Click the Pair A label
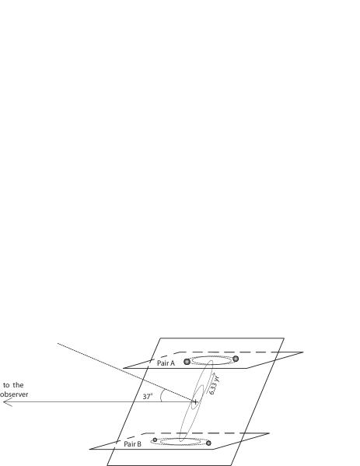pyautogui.click(x=166, y=363)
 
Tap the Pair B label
pyautogui.click(x=133, y=444)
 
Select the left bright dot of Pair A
pyautogui.click(x=187, y=361)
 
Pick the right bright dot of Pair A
pyautogui.click(x=235, y=359)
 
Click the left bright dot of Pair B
pyautogui.click(x=155, y=440)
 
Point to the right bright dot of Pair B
pyautogui.click(x=209, y=443)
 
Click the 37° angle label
pyautogui.click(x=147, y=396)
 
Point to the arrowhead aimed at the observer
pyautogui.click(x=6, y=402)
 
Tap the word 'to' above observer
pyautogui.click(x=7, y=384)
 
